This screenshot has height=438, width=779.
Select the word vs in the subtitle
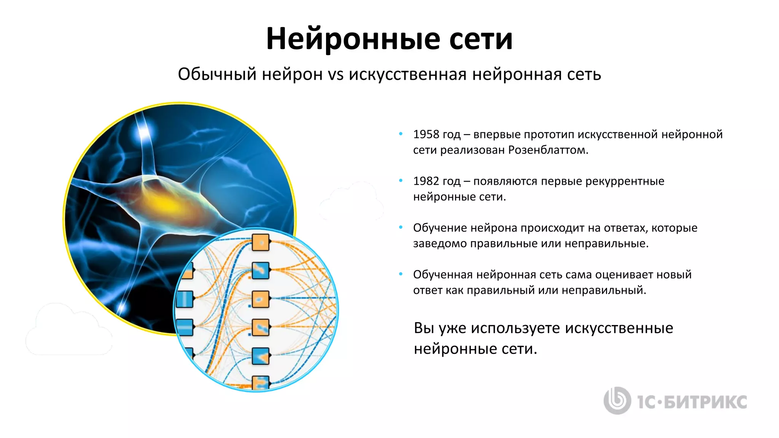click(x=335, y=74)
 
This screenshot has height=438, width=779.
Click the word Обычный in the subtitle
click(x=217, y=74)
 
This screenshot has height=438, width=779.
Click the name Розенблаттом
click(x=548, y=150)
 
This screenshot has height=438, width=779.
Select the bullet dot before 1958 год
click(x=401, y=133)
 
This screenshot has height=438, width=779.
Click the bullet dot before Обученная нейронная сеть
click(x=401, y=274)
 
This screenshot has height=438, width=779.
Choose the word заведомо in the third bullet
click(x=440, y=243)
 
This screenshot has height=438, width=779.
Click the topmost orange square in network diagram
click(x=261, y=243)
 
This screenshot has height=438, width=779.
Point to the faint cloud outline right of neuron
click(x=352, y=202)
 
